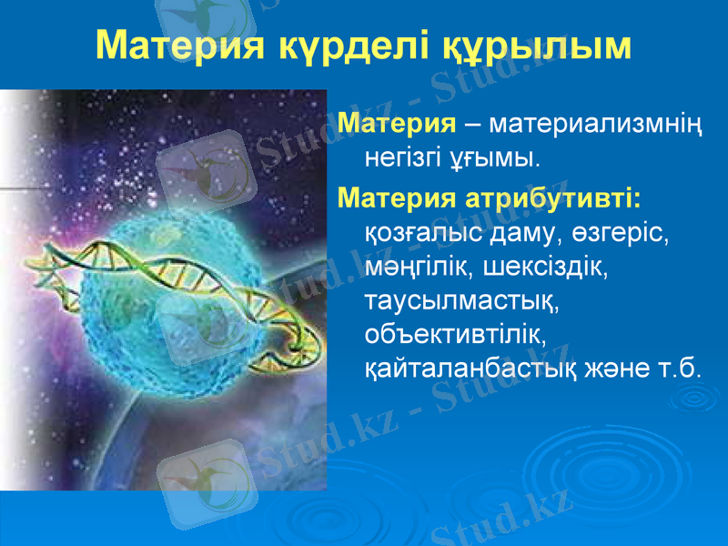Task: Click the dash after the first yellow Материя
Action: pos(472,124)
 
